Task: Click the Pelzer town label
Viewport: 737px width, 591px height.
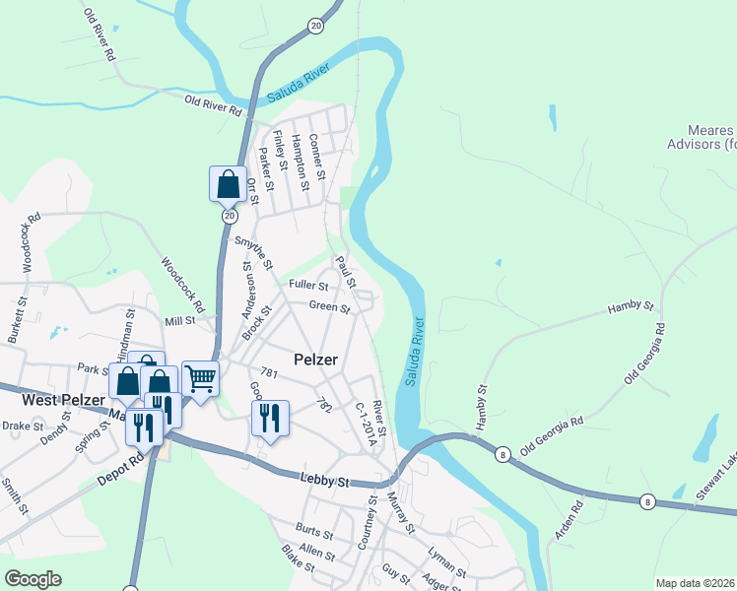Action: [316, 360]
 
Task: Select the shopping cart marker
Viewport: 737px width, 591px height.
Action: [200, 378]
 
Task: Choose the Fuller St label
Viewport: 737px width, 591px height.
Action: [307, 286]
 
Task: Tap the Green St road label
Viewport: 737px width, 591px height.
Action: [330, 307]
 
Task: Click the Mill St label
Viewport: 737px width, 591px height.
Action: [181, 322]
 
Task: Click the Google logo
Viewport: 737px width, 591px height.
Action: [33, 579]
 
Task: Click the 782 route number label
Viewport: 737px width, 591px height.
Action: [323, 405]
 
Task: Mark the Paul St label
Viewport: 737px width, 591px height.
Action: [345, 267]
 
